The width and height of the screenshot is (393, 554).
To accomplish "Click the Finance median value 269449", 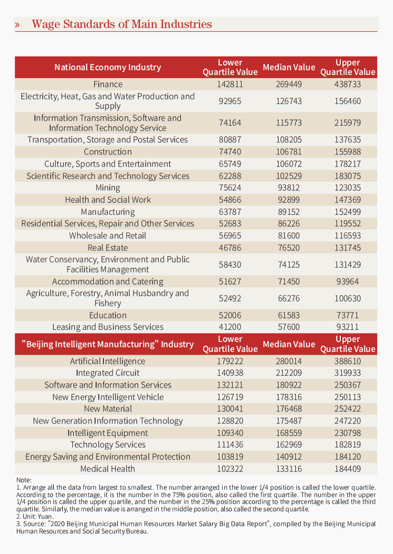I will (289, 84).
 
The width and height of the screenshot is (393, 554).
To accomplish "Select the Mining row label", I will (108, 188).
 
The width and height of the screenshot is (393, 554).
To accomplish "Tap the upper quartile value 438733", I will (348, 84).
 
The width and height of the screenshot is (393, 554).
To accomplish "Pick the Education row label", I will (108, 315).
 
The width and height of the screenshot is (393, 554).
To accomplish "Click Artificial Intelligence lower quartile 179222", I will (230, 361).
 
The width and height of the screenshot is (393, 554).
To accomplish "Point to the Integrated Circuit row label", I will (108, 373).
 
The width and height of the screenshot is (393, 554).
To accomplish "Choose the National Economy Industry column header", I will (108, 67).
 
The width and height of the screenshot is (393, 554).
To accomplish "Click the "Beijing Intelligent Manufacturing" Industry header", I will (108, 344).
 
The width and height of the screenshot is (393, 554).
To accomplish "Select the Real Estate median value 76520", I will (289, 248).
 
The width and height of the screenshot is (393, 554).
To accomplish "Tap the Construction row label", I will (108, 152).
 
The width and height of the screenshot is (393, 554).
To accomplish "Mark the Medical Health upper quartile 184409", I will (348, 469).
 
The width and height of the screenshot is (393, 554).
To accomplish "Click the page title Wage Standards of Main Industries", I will (122, 24).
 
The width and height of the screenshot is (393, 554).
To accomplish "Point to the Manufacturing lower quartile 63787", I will (230, 211).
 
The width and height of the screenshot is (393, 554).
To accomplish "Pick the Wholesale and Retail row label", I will (108, 235).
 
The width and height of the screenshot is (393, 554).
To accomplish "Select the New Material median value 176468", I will (289, 409).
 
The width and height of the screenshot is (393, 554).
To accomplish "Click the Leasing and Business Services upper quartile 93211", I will (348, 327).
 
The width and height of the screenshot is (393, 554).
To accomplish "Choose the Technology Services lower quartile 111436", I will (230, 445).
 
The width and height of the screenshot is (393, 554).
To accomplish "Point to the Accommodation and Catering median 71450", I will (289, 281).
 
